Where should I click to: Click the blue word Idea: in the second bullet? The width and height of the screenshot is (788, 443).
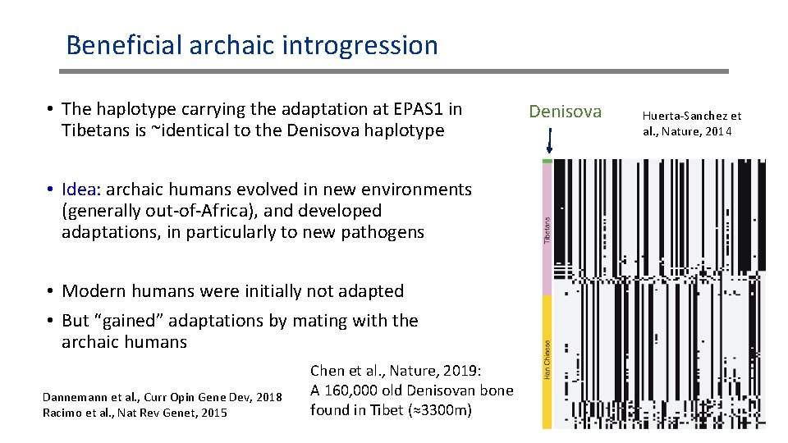[81, 190]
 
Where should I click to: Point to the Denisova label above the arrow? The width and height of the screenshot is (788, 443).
[565, 112]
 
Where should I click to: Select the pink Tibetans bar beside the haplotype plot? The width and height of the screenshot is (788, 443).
[547, 230]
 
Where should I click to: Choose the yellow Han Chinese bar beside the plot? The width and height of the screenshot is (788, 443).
[547, 361]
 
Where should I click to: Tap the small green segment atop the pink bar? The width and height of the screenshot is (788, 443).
[547, 162]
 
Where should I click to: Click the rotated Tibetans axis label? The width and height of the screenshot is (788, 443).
[547, 228]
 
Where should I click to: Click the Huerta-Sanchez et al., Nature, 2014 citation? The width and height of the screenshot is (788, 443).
[691, 124]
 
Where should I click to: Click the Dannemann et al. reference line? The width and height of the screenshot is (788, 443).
[162, 398]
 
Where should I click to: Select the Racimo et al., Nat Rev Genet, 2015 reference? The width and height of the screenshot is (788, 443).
[135, 413]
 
